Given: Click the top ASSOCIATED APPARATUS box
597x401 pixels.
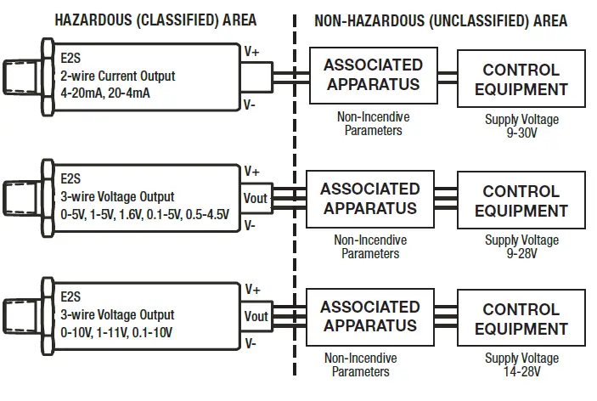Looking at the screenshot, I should [373, 75].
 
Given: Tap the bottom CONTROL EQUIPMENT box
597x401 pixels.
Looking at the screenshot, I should [521, 319].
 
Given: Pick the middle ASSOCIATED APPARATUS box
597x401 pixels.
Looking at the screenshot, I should [370, 199].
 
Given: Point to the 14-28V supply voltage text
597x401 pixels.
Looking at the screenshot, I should [521, 370].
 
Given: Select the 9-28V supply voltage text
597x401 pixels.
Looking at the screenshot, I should [521, 252].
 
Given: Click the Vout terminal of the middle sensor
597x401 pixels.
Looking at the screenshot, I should [256, 198].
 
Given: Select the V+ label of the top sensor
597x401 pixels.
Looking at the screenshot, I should [252, 52].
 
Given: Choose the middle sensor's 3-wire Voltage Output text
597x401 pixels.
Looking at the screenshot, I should [117, 197].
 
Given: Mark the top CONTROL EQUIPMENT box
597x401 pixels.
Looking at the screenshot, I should [521, 79].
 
